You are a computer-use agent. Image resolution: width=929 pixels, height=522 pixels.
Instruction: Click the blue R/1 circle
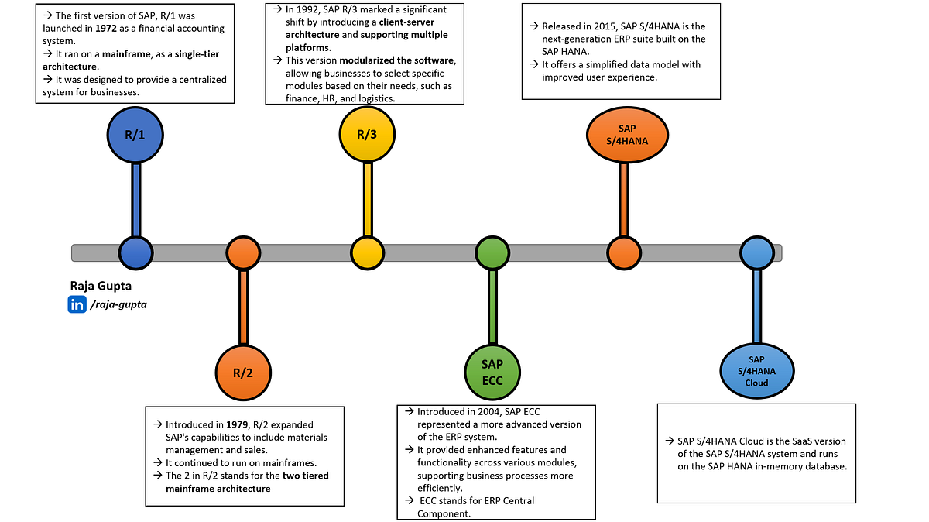(x=135, y=134)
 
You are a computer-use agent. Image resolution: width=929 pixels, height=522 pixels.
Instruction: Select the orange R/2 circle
(x=243, y=372)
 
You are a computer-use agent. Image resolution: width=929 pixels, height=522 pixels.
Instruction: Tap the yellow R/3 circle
(x=367, y=134)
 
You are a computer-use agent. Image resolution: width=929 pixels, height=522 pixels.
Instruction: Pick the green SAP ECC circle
(x=492, y=371)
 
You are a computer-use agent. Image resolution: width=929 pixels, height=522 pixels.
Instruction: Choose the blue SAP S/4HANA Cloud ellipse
(x=756, y=371)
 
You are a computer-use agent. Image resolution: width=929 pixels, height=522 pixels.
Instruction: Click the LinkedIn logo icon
(x=77, y=305)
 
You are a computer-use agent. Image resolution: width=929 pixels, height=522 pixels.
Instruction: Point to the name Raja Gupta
(x=101, y=286)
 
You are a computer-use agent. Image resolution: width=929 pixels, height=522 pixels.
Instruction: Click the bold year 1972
(x=108, y=29)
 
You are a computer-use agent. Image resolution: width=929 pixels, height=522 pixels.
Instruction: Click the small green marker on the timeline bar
(x=492, y=252)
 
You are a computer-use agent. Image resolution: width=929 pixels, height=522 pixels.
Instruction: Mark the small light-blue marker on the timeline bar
(x=756, y=252)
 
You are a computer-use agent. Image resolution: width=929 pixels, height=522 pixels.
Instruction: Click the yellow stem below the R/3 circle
(x=368, y=201)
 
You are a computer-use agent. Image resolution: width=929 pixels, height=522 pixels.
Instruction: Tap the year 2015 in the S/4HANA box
(x=601, y=26)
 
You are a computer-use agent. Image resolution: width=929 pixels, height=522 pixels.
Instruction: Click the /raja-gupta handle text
(x=118, y=305)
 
